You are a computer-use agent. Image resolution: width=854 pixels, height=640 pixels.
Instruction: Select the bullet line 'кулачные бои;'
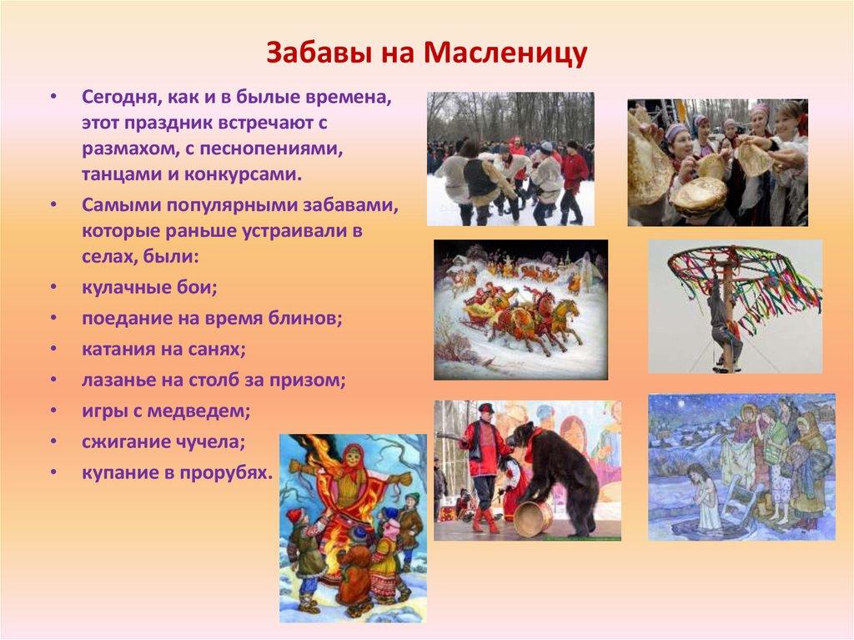point(149,287)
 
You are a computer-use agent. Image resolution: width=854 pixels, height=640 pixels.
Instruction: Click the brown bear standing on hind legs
point(550,471)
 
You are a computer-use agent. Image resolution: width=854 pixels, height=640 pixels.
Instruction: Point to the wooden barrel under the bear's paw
point(532,517)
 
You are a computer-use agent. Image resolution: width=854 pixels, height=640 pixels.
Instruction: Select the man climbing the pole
point(723,321)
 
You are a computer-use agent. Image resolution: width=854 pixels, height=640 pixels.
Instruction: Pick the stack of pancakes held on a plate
point(699,197)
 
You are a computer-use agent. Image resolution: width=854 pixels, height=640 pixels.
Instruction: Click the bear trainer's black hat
point(485,409)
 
